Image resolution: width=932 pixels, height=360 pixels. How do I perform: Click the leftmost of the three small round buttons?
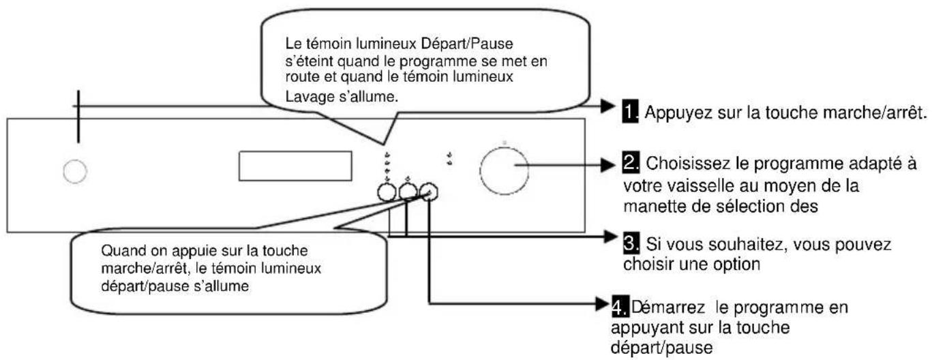387,193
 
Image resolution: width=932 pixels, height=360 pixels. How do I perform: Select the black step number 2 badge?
630,165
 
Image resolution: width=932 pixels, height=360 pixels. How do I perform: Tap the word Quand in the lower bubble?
115,250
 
